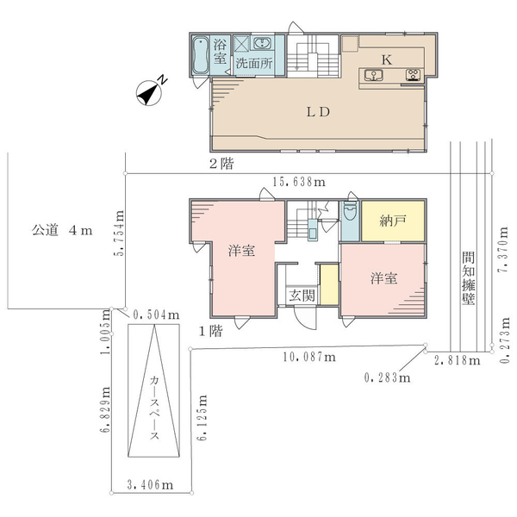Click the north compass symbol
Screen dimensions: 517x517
[x=149, y=93]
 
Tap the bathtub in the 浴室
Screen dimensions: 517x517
[x=200, y=55]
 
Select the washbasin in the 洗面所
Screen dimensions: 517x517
[x=263, y=43]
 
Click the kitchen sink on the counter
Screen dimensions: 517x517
[x=374, y=75]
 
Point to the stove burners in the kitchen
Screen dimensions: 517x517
[x=414, y=75]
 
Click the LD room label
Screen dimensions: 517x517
[x=318, y=112]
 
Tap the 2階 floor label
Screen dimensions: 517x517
[x=222, y=164]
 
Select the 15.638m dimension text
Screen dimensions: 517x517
[x=299, y=182]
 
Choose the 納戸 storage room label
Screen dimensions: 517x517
[x=393, y=221]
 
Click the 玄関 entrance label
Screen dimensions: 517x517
[x=302, y=296]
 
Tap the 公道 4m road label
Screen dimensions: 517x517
[x=62, y=230]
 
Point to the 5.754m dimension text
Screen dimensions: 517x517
[x=119, y=234]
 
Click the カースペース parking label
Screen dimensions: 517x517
[x=154, y=408]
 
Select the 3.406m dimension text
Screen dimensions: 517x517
[x=150, y=484]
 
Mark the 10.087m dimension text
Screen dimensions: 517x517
[x=309, y=357]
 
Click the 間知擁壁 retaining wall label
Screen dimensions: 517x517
[x=468, y=278]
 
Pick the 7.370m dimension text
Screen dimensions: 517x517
[x=503, y=250]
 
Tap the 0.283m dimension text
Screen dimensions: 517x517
[x=388, y=377]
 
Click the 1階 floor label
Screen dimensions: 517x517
[x=211, y=331]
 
